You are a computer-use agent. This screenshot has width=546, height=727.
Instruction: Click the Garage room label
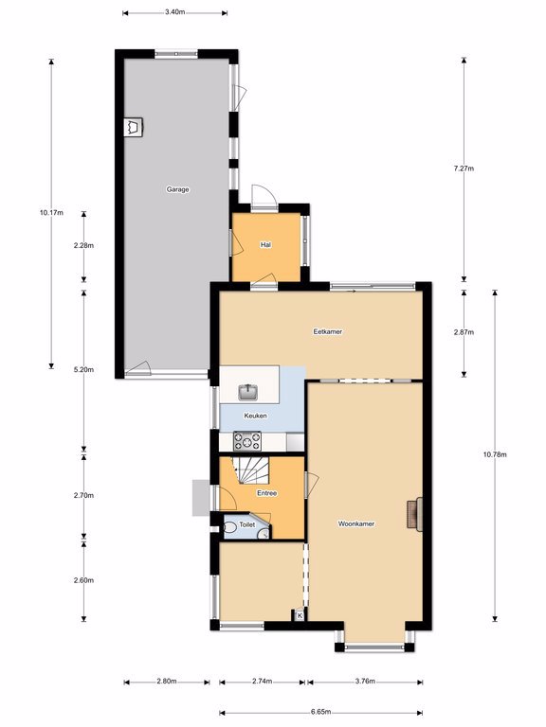coord(178,189)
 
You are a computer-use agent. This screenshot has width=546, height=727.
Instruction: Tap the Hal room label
coord(266,244)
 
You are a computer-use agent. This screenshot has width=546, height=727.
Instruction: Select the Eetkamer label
coord(328,331)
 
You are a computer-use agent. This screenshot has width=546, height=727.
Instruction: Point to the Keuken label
coord(255,416)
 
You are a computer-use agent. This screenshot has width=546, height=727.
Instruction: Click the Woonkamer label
coord(356,523)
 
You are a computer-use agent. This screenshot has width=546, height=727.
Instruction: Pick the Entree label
coord(267,493)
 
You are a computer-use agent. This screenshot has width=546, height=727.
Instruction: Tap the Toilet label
coord(247,524)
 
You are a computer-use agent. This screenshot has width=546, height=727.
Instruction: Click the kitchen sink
coord(249,392)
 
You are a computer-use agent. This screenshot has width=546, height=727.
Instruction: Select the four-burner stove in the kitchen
coord(247,441)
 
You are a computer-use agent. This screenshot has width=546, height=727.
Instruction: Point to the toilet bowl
coord(230,527)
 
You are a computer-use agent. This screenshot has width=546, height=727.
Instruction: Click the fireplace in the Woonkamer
coord(415,514)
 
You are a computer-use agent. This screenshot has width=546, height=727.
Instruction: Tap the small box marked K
coord(300,615)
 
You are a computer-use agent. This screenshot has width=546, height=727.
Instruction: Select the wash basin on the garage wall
coord(134,127)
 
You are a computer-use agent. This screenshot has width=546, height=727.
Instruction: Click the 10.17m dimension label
coord(51,213)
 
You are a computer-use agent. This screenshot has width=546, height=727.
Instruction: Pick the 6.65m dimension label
coord(320,712)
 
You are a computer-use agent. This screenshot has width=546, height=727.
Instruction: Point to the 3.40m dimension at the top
coord(175,12)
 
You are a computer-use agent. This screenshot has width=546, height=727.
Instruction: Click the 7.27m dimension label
coord(464,168)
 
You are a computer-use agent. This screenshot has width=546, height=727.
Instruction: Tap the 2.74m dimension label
coord(262,682)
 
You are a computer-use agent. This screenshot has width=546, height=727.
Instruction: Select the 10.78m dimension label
coord(495,454)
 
